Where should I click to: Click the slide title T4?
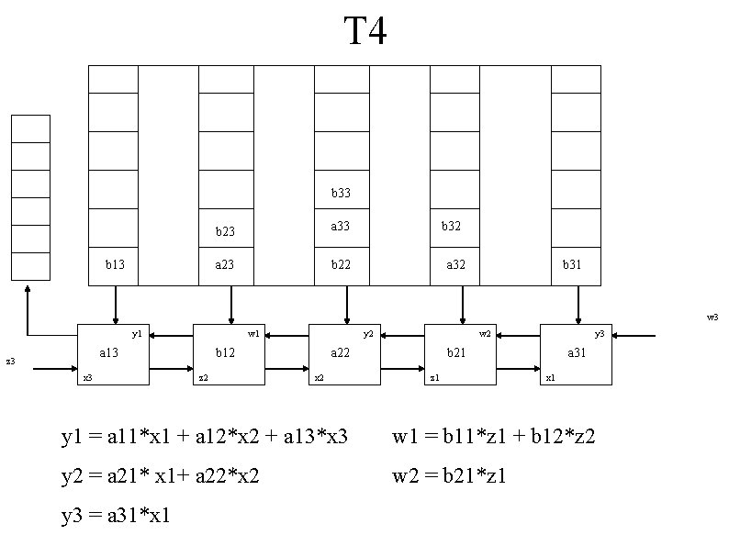pos(365,33)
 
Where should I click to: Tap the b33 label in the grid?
pos(342,194)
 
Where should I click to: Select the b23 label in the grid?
pos(226,232)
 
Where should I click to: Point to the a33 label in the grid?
pos(342,226)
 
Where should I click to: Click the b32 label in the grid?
pos(451,226)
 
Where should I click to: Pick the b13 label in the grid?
pos(115,264)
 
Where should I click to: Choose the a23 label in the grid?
pos(226,264)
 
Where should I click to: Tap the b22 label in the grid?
pos(342,264)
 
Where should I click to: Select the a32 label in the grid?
pos(455,264)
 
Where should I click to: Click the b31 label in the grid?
pos(573,264)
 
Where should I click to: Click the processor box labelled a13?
pos(112,353)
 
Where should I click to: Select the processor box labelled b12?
pos(228,353)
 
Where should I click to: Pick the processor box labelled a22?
pos(343,353)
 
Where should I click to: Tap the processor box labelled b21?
pos(459,353)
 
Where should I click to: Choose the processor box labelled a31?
pos(575,353)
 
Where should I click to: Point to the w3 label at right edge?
pos(712,318)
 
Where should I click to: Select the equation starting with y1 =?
pos(205,436)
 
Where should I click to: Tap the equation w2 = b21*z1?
pos(450,476)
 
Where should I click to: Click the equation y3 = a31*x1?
pos(116,517)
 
